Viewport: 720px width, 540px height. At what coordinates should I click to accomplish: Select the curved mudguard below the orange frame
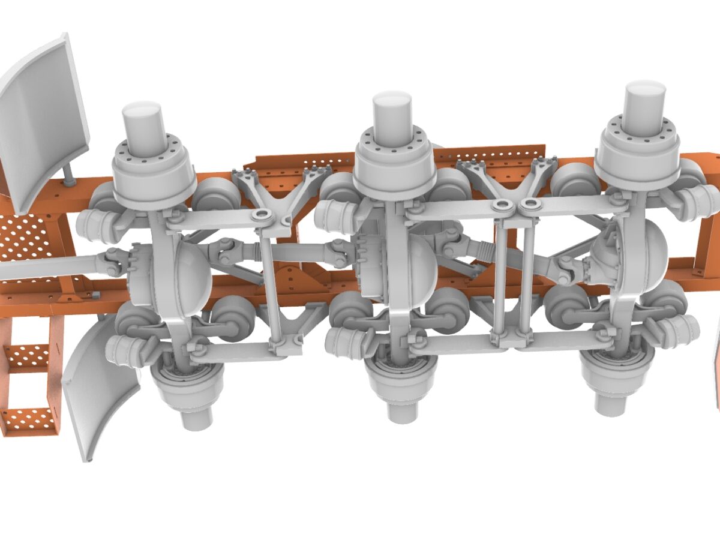(99, 390)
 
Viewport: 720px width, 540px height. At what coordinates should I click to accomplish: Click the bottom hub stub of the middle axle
(403, 410)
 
